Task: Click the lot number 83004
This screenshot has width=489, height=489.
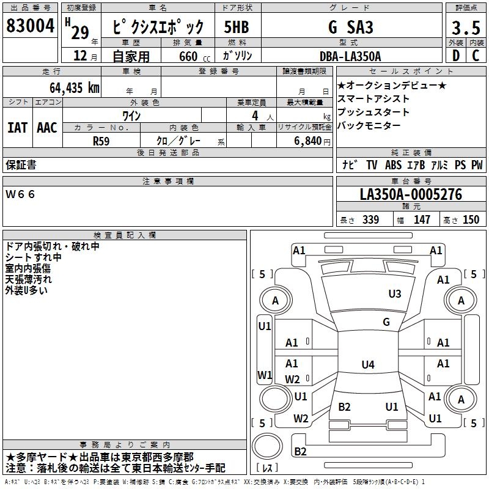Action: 31,26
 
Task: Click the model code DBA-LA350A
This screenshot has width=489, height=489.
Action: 350,56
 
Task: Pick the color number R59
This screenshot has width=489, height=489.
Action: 101,140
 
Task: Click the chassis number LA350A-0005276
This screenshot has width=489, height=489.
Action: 411,195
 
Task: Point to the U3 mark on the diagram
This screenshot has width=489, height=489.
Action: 395,294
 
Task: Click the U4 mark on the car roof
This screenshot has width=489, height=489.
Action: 367,365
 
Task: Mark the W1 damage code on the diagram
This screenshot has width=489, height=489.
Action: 265,375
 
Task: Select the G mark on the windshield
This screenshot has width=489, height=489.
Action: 386,322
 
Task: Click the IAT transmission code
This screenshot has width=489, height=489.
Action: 18,128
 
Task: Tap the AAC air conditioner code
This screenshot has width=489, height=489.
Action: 46,128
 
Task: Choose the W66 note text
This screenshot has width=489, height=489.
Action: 20,194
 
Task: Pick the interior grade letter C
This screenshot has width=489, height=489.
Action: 476,56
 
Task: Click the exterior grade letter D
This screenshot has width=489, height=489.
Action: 455,56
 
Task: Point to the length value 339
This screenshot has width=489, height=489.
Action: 370,220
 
